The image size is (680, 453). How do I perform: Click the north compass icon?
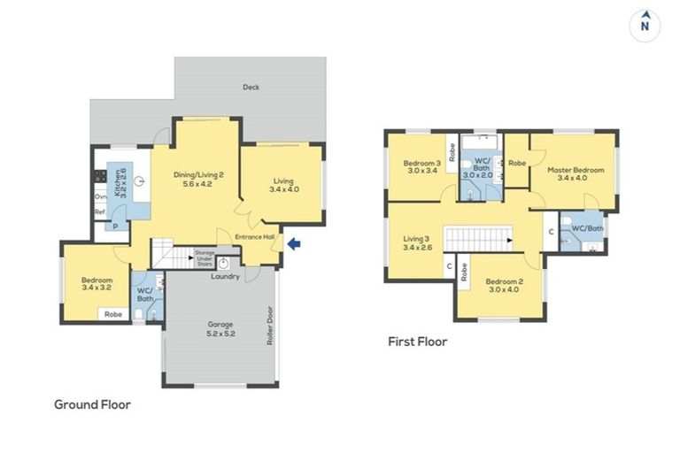(x=646, y=25)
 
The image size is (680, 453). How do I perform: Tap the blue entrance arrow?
(x=295, y=243)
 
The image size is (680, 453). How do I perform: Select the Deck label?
(x=251, y=87)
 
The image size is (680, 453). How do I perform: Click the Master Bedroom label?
(x=575, y=173)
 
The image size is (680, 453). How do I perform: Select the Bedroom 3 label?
(x=421, y=167)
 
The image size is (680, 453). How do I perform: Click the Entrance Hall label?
(x=254, y=236)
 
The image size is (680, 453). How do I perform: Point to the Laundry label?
(x=226, y=277)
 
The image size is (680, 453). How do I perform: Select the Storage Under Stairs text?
(x=205, y=257)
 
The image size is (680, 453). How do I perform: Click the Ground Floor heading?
(x=92, y=404)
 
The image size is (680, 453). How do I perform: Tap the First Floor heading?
(x=417, y=341)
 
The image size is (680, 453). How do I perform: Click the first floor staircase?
(x=478, y=237)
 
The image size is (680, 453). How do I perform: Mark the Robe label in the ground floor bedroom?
(x=113, y=314)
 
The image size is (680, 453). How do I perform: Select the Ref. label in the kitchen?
(x=100, y=212)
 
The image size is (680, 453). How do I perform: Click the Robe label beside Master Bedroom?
(x=518, y=164)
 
